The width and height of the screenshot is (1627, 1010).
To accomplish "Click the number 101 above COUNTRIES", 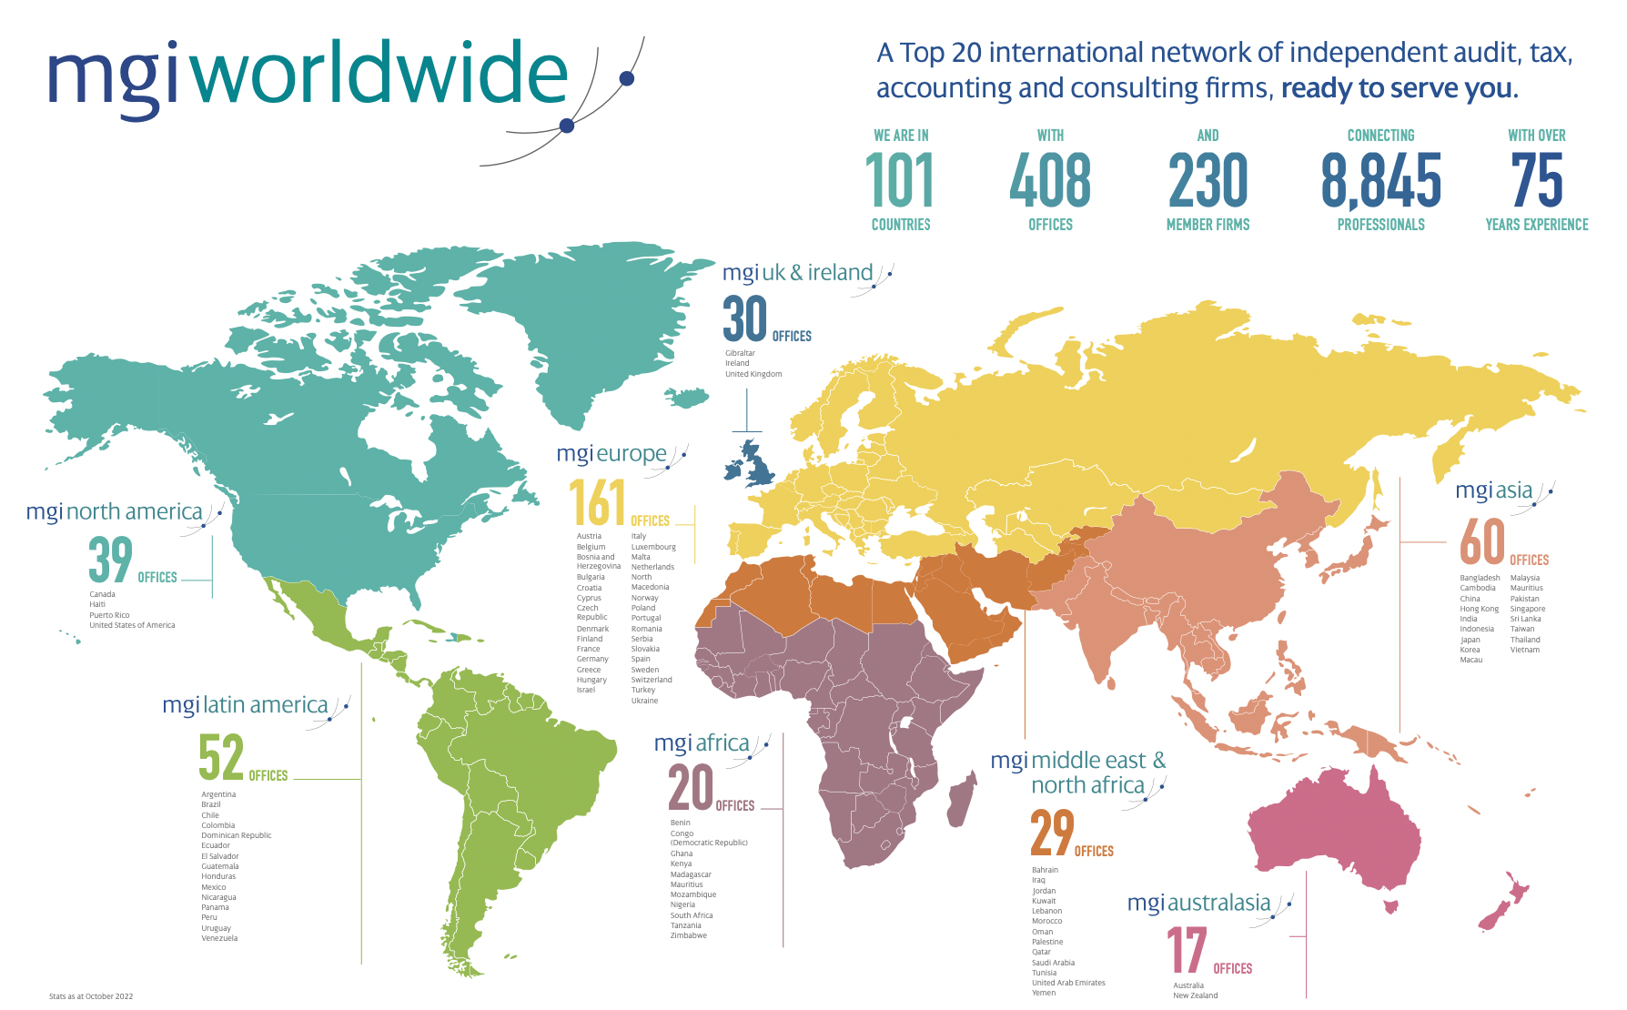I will point(899,180).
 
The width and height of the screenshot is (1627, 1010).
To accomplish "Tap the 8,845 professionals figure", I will point(1380,180).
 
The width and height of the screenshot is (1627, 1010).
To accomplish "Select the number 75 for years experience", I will point(1536,180).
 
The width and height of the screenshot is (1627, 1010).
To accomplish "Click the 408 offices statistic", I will point(1049,180).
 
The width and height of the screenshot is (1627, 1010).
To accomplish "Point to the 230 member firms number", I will point(1208,180).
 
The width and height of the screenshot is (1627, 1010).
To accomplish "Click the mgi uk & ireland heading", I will point(798,273).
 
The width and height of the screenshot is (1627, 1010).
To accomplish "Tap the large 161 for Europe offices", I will point(597,503).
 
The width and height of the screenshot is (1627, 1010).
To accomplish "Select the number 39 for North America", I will point(110,560).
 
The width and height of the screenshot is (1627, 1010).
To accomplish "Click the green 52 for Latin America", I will point(221,758).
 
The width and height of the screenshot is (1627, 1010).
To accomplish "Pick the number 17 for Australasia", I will point(1187,951).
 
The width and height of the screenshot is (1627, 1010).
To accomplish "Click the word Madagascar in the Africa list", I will point(691,874).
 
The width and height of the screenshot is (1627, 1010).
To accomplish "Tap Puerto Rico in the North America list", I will point(109,615).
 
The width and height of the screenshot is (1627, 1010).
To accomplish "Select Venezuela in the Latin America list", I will point(219,938).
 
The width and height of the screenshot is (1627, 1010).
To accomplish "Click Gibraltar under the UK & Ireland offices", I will point(740,353).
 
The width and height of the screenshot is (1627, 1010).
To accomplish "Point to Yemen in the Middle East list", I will point(1044,993).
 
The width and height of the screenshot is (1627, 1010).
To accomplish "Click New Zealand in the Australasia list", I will point(1195,995).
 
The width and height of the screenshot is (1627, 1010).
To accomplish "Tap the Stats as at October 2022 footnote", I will point(91,996).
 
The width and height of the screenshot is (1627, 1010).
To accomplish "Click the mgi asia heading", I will point(1494,490).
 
